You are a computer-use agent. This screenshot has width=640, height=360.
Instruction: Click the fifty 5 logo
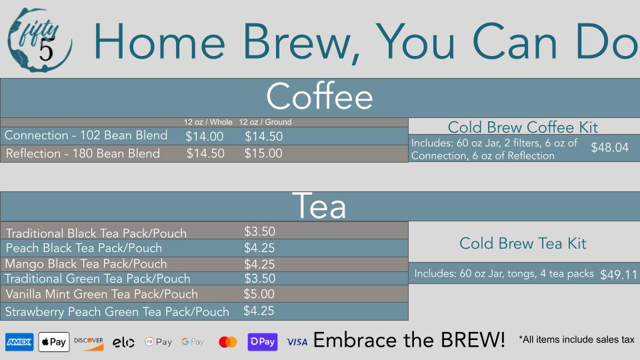39,40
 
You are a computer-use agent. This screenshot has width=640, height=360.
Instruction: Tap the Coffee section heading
319,96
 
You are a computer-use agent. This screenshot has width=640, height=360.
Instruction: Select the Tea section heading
319,206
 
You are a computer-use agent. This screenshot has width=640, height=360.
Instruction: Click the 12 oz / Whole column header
208,122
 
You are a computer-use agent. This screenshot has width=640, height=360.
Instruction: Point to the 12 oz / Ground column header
265,122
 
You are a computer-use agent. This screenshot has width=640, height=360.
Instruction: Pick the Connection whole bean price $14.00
205,136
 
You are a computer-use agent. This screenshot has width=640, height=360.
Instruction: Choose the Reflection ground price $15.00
263,153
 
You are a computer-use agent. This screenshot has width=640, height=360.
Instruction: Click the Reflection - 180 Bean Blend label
83,153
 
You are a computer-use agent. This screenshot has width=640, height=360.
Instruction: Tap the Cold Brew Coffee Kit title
523,127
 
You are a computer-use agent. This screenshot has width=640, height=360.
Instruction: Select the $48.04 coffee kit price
610,147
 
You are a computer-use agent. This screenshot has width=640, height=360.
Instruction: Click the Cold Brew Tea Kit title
523,244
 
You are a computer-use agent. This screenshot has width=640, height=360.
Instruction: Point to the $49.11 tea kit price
619,275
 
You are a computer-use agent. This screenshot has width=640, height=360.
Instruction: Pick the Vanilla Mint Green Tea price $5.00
259,294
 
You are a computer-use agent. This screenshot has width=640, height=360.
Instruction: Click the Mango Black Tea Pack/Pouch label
86,264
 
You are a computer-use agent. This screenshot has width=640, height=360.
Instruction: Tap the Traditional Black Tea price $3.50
259,231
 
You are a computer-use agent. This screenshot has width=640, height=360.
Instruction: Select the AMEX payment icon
19,341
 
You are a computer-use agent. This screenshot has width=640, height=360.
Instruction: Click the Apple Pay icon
54,341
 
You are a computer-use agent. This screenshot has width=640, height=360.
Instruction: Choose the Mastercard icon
228,342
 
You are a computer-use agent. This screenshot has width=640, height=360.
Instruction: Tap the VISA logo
297,342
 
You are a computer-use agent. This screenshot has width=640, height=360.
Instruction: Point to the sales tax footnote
577,339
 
